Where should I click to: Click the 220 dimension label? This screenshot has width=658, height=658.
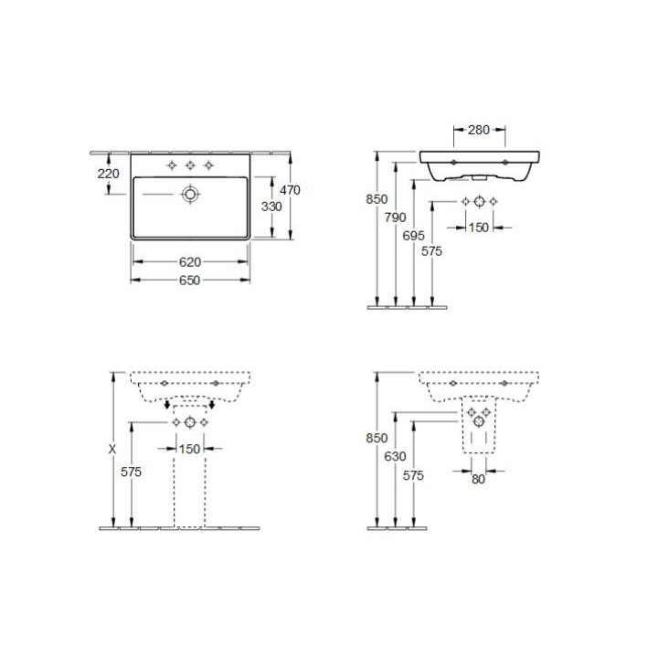108,174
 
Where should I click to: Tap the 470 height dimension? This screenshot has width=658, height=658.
290,190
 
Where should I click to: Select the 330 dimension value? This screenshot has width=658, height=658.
271,207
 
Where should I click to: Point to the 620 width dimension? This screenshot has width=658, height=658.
190,262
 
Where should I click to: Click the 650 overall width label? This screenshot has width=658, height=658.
190,280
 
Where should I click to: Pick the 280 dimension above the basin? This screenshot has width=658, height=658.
479,130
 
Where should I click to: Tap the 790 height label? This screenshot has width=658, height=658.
396,218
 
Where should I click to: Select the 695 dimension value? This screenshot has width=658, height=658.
413,236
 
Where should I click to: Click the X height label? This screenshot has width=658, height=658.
112,450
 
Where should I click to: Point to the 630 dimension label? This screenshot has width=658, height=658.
395,456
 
